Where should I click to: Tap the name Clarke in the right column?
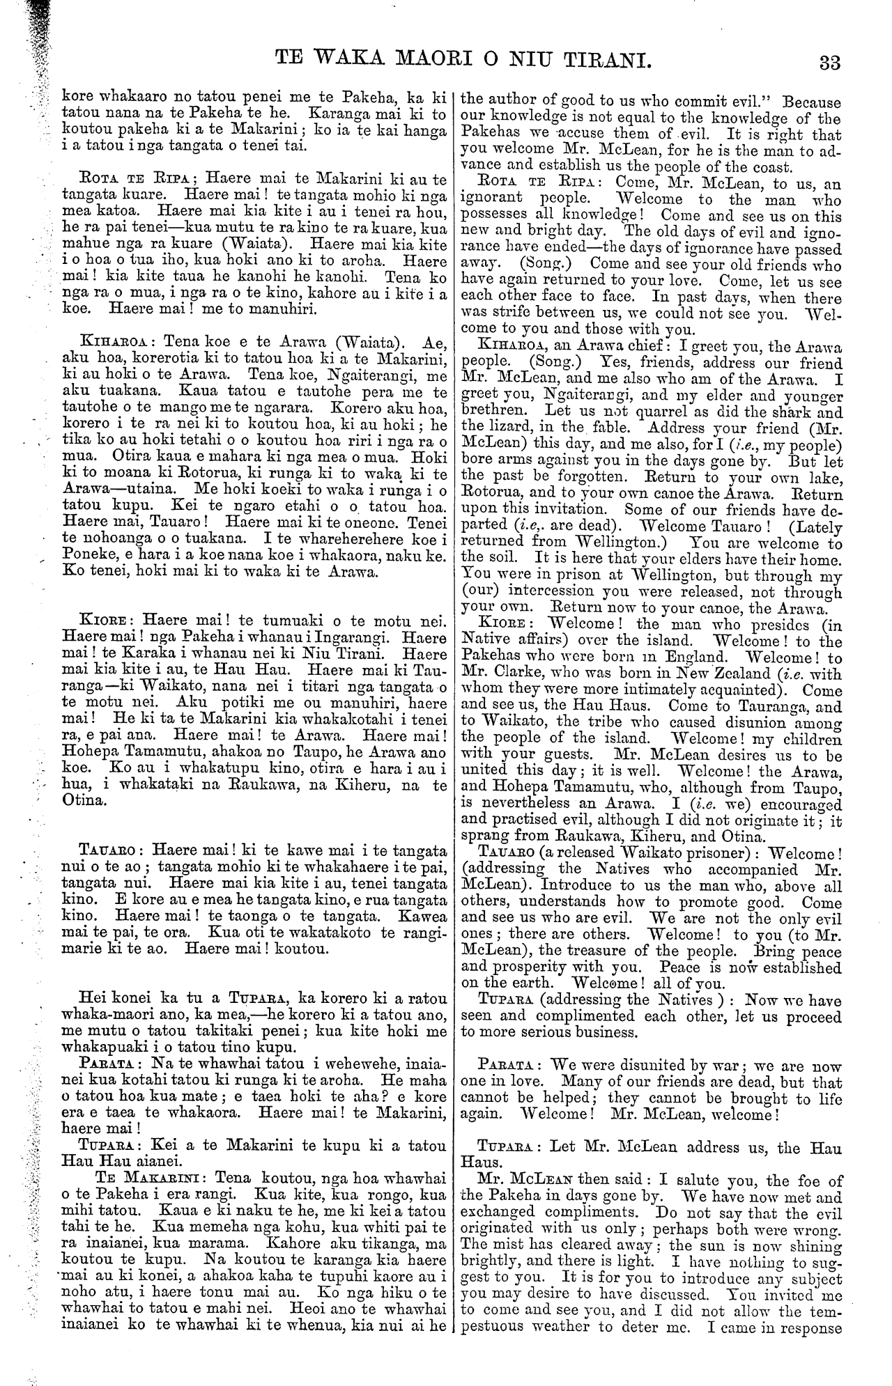525,675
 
